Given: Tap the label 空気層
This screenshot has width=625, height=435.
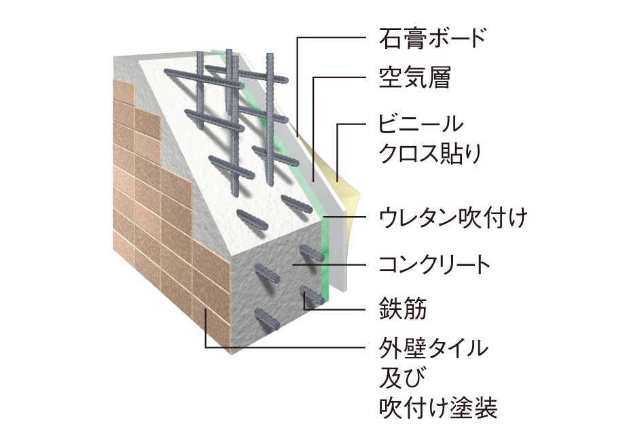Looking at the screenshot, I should coord(414,80).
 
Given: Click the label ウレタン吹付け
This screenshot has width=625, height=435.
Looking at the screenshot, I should coord(452,219).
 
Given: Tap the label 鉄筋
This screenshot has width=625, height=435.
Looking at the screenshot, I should coord(404,309).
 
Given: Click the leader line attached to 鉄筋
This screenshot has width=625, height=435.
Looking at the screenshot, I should coord(340,309).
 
